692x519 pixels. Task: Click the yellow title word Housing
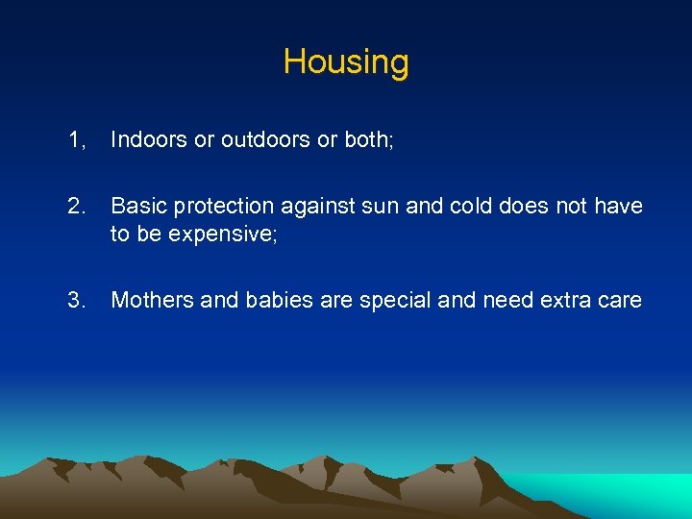pos(346,62)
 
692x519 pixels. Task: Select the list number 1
pos(77,140)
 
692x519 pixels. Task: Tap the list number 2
pos(78,207)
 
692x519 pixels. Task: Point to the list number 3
pos(78,300)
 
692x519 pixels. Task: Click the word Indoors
pos(149,140)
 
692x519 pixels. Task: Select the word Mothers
pos(151,300)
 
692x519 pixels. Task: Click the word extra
pos(568,300)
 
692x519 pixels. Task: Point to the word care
pos(620,301)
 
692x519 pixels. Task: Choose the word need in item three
pos(507,300)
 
